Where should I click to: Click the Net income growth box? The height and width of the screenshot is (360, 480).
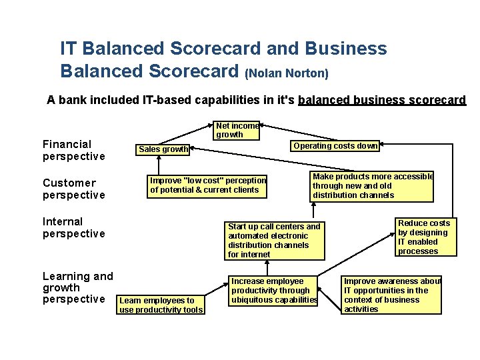tap(237, 130)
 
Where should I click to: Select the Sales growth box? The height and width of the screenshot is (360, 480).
tap(163, 149)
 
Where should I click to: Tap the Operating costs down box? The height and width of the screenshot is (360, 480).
tap(335, 146)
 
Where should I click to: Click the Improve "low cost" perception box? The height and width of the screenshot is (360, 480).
tap(208, 185)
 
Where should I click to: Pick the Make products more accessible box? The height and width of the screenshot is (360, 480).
tap(372, 186)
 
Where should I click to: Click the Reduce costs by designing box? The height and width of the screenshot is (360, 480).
tap(424, 237)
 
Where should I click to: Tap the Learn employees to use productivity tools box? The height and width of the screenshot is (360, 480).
tap(161, 305)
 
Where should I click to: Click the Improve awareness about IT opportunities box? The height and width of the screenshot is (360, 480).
tap(391, 295)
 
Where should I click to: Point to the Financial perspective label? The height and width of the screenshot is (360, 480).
tap(73, 150)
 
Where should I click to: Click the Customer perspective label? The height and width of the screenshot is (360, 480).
tap(73, 189)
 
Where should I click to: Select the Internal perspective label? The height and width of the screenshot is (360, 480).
tap(73, 227)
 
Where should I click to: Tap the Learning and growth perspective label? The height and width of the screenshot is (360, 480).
tap(77, 287)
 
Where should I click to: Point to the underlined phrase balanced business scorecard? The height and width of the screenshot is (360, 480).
tap(382, 100)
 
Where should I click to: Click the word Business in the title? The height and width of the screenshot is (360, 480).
tap(346, 49)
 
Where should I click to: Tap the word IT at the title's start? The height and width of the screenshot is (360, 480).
tap(68, 49)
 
